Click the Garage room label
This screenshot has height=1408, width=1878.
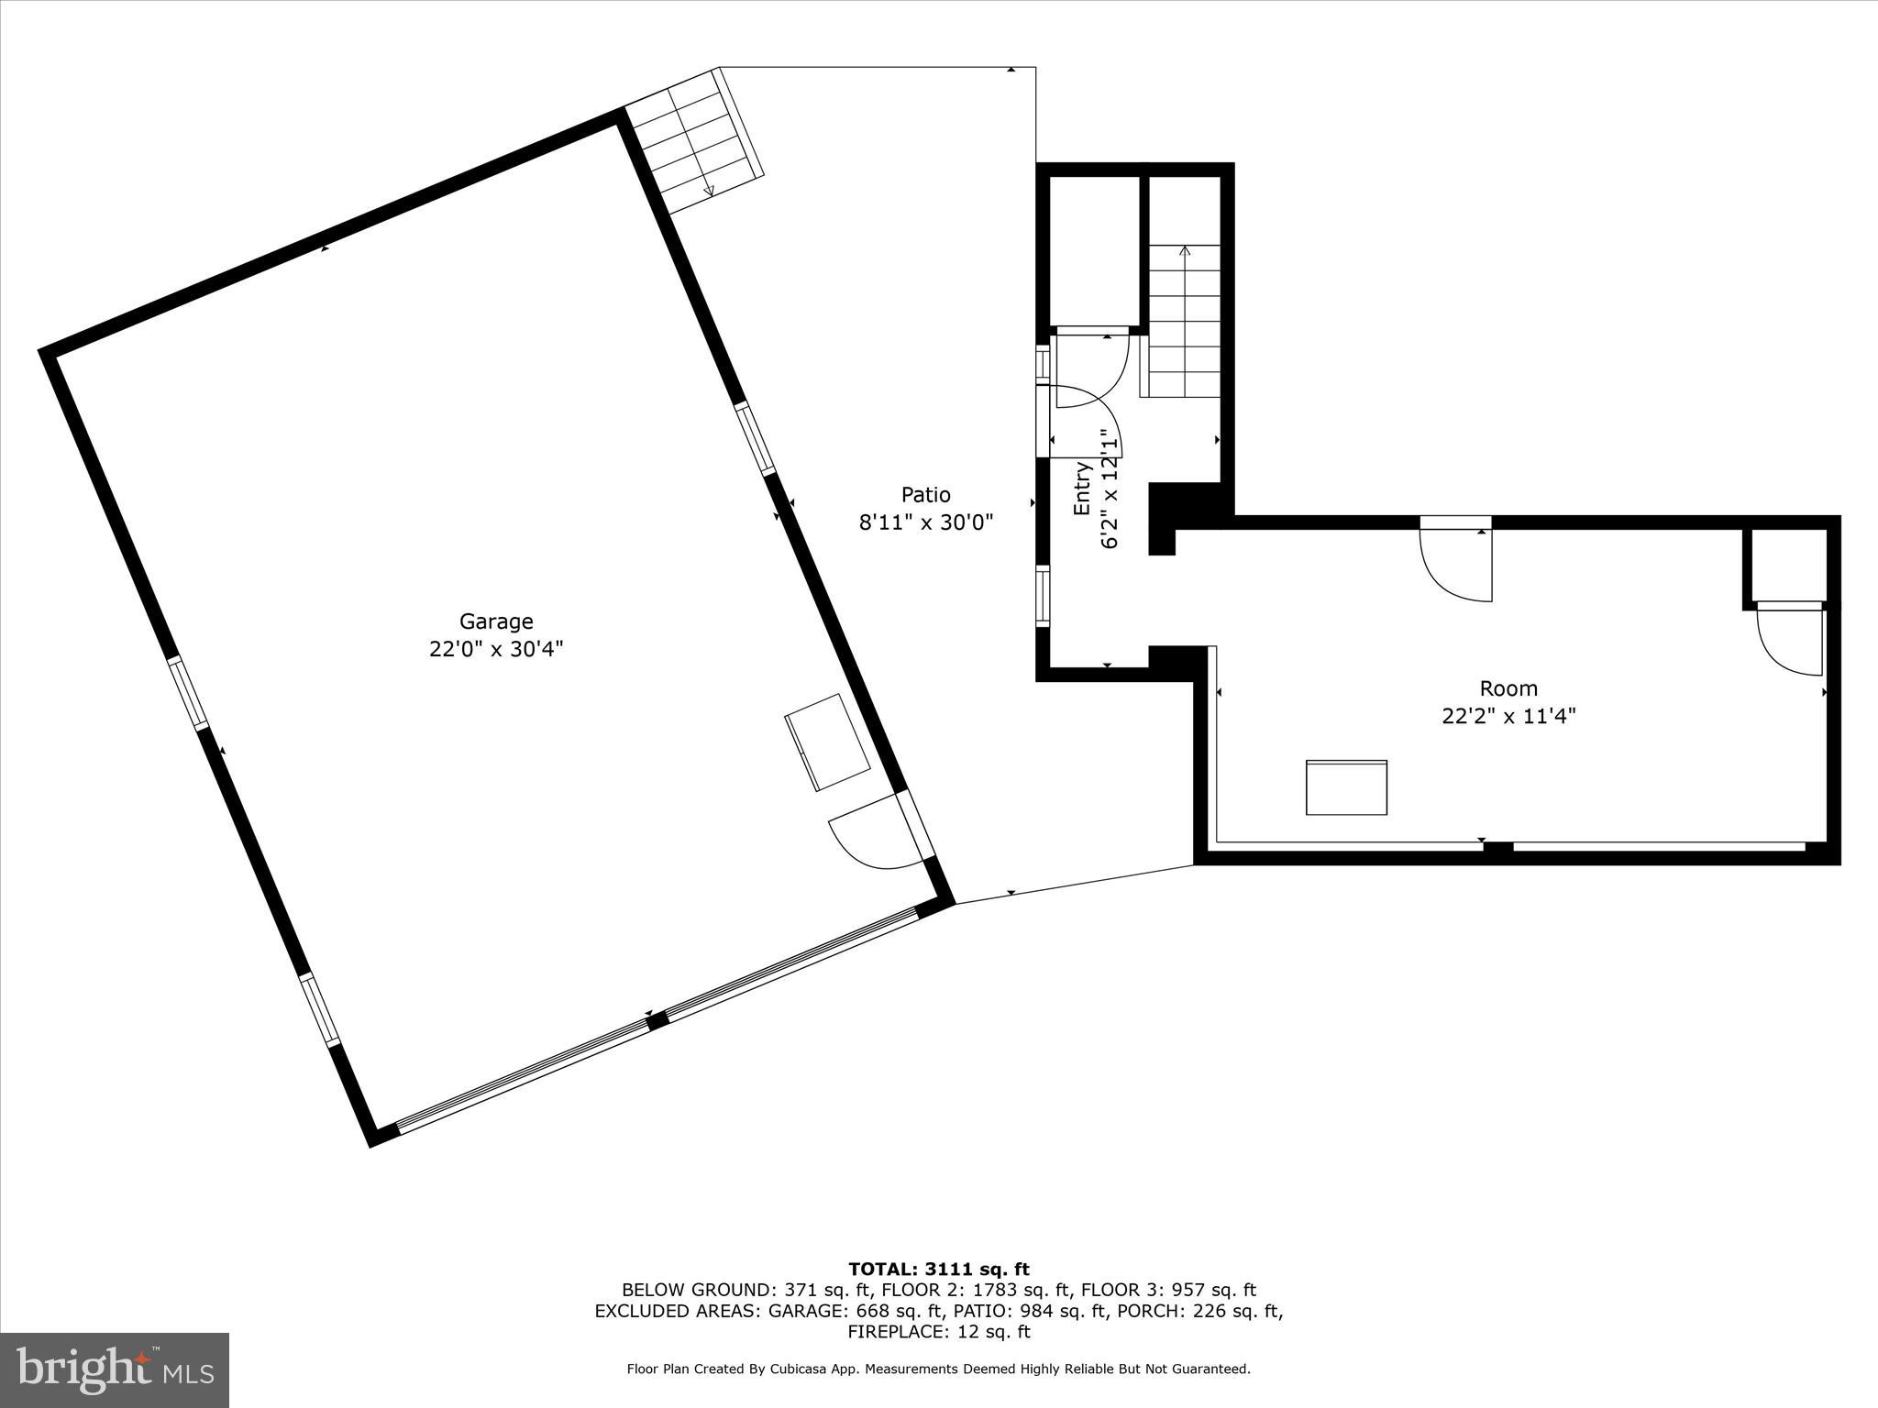(x=496, y=621)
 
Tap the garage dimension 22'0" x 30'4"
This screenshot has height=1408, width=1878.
(x=496, y=649)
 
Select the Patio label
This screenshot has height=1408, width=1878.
(x=925, y=495)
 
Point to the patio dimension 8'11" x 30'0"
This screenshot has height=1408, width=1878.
(x=925, y=522)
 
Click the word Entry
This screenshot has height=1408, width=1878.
(x=1082, y=488)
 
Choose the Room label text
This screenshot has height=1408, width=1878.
(x=1508, y=688)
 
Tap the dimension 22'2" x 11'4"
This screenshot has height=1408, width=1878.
(x=1508, y=716)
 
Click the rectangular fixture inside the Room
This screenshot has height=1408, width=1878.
(x=1346, y=787)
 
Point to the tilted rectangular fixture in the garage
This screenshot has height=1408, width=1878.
(x=828, y=742)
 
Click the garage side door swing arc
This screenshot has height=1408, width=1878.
(x=871, y=836)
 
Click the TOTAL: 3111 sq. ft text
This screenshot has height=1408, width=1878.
(x=938, y=1270)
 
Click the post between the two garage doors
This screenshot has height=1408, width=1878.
(x=657, y=1020)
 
